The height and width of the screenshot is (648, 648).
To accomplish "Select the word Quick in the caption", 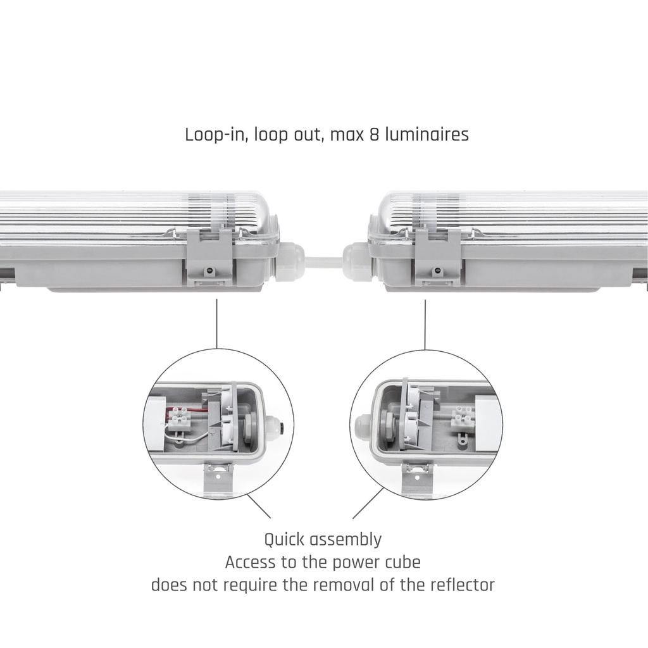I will point(284,540).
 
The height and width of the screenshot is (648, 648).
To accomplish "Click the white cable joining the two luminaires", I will point(323,259).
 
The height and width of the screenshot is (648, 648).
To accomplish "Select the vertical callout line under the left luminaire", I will point(217,323).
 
